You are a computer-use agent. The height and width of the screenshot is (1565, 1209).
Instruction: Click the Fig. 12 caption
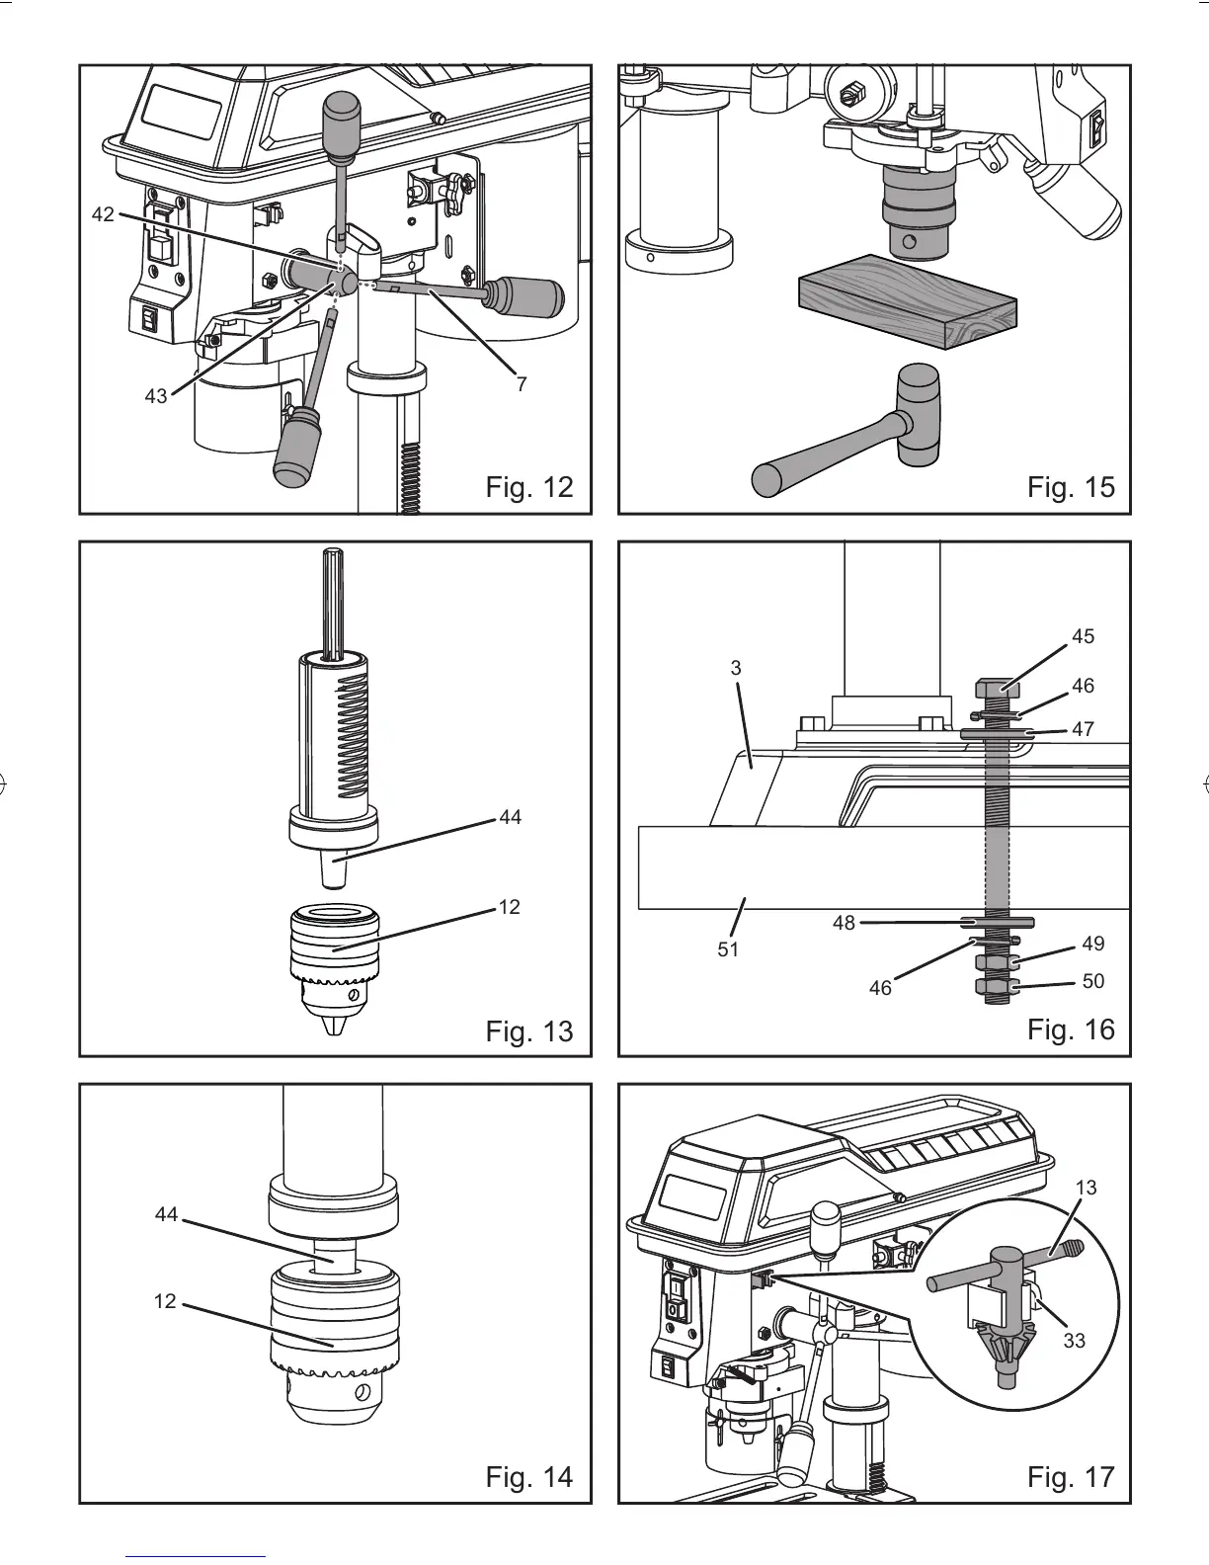(529, 487)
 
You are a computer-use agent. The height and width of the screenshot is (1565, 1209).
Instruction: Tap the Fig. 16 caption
(1071, 1030)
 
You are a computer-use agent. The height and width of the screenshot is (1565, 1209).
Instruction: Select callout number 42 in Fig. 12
(104, 214)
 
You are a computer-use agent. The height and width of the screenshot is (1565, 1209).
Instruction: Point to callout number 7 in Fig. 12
(523, 383)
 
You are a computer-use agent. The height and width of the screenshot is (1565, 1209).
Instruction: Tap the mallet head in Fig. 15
(918, 414)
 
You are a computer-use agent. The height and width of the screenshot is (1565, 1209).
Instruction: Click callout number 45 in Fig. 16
(1083, 636)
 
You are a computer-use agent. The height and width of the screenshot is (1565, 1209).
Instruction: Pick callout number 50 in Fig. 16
(1092, 981)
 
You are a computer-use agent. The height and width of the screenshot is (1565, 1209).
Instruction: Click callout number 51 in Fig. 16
(728, 949)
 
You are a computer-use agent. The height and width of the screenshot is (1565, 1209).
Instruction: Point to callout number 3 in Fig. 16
(736, 668)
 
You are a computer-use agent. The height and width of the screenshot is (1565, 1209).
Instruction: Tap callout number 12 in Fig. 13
(509, 907)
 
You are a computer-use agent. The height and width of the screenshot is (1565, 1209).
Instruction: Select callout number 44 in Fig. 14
(166, 1214)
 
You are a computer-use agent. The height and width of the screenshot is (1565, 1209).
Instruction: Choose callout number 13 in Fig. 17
(1086, 1188)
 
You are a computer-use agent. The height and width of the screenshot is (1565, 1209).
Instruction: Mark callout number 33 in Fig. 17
(1075, 1340)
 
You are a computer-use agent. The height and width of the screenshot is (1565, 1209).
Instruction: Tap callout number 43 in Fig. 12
(156, 397)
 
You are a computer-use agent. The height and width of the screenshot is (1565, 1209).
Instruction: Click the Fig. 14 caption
(529, 1477)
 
